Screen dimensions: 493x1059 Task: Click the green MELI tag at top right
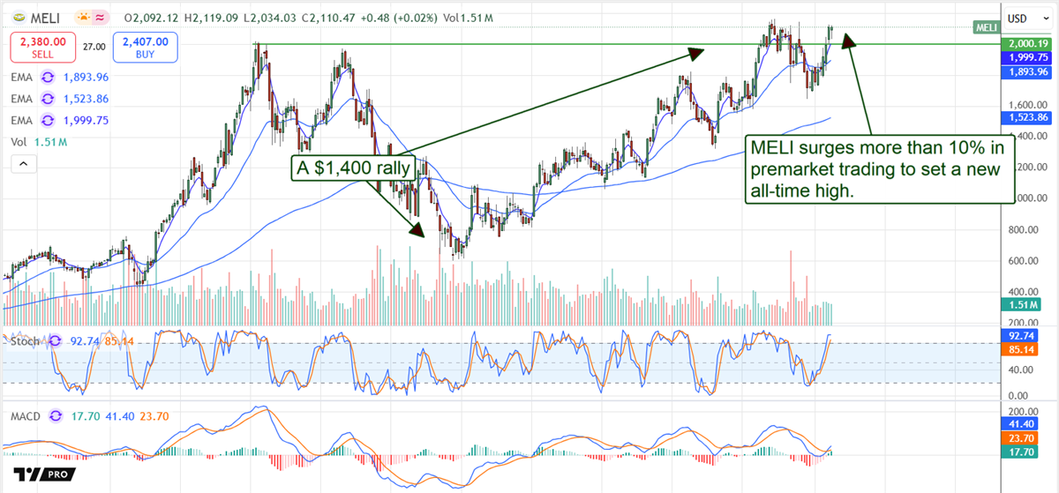tap(987, 27)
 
